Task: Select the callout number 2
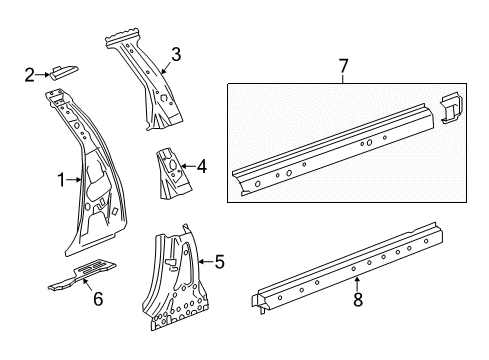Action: pos(30,73)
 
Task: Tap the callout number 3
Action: pos(175,55)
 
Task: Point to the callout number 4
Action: pos(202,168)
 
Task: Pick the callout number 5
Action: pos(218,263)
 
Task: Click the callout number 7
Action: pos(343,67)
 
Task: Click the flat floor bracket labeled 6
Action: pos(80,274)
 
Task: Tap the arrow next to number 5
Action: pos(203,263)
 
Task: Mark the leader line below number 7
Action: pos(343,80)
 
